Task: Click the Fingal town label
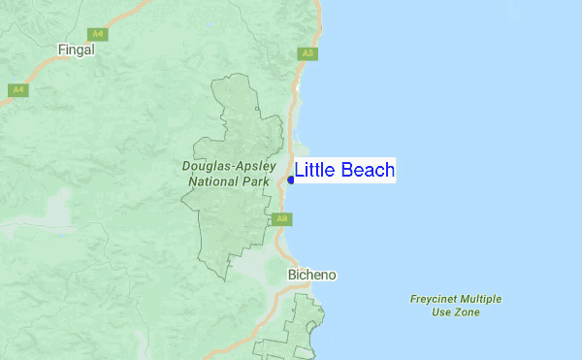(77, 49)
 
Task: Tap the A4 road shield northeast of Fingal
(100, 34)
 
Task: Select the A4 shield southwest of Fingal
(16, 90)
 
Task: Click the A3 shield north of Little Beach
(307, 53)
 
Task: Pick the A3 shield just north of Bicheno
(281, 219)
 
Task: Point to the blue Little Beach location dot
(291, 180)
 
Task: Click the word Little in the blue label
(314, 171)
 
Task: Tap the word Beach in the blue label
(367, 171)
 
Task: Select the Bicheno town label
(312, 275)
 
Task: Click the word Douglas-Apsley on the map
(224, 166)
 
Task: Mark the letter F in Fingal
(61, 49)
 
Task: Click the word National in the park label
(213, 181)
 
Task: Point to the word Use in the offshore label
(441, 312)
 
